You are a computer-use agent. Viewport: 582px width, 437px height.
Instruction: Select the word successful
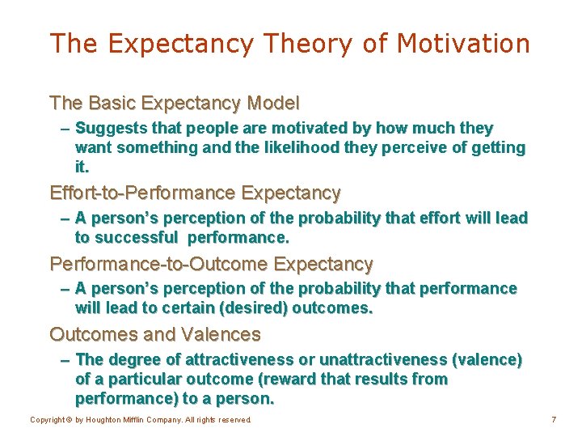[x=136, y=238]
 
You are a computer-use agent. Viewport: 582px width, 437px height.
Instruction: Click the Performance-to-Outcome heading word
[x=158, y=264]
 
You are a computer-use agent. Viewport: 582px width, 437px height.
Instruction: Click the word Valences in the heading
[x=221, y=334]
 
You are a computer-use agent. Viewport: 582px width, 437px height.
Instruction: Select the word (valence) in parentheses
[x=487, y=359]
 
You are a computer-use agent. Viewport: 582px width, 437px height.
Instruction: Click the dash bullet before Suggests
[x=65, y=129]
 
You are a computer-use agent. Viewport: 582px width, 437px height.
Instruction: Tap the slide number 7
[x=554, y=420]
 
